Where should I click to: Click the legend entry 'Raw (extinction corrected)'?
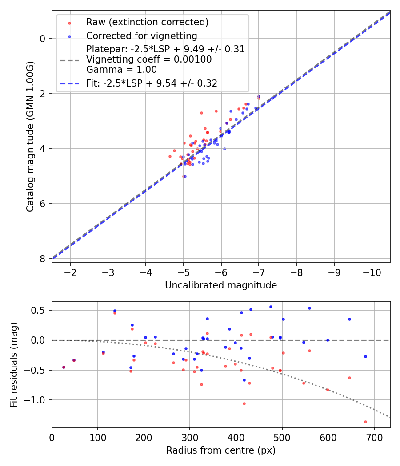[147, 22]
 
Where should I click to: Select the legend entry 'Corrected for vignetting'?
[141, 36]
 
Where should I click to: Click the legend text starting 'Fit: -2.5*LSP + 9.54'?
[152, 83]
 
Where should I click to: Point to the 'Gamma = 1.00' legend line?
[121, 69]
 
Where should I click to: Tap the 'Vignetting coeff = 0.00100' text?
[149, 59]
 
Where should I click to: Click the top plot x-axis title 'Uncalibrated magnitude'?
[221, 285]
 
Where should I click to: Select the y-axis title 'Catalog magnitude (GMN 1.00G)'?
[30, 137]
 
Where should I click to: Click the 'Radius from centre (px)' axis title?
[221, 450]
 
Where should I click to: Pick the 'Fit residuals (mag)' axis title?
[14, 365]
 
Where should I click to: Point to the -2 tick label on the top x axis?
[70, 272]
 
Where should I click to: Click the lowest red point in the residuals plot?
[365, 422]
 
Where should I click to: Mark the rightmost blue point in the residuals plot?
[365, 356]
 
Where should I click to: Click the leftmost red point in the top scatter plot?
[170, 156]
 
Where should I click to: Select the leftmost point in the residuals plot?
[64, 367]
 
